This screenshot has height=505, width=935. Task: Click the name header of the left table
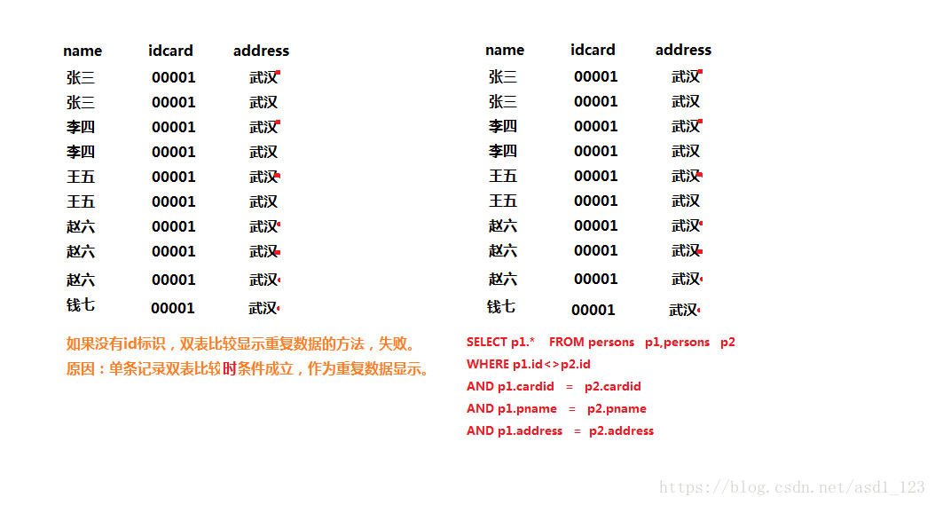(x=82, y=51)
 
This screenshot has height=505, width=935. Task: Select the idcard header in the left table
(x=170, y=51)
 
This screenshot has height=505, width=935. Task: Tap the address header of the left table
(x=261, y=51)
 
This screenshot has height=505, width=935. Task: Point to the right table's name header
(x=505, y=50)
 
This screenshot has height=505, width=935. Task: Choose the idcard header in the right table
(x=593, y=50)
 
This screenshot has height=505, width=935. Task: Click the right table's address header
(x=683, y=50)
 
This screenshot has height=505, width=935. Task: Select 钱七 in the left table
(x=81, y=305)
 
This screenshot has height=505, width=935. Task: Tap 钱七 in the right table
(x=501, y=306)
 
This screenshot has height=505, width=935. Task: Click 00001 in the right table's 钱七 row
(x=593, y=310)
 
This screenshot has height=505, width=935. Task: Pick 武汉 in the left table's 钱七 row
(x=263, y=308)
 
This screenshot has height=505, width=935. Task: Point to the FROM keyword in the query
(x=567, y=342)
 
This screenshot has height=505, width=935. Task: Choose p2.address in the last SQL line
(x=621, y=430)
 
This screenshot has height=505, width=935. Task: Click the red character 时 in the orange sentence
(x=229, y=368)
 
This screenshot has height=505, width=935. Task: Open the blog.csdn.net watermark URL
(x=792, y=487)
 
